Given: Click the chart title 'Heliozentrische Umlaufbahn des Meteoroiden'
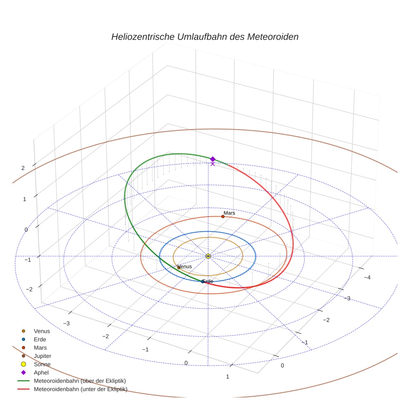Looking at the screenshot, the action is click(205, 37).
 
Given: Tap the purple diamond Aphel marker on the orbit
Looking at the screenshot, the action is click(212, 159).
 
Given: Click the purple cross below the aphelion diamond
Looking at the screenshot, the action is click(212, 164).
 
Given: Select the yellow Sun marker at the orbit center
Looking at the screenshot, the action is click(208, 256).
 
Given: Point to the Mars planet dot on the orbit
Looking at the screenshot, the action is click(223, 217).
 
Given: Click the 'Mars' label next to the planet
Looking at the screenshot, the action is click(229, 213).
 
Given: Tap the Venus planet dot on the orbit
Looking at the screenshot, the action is click(179, 268).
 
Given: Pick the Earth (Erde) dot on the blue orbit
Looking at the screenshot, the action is click(202, 282).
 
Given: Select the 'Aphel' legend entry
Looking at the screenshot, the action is click(35, 372).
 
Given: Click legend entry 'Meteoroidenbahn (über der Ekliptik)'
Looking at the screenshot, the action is click(72, 381).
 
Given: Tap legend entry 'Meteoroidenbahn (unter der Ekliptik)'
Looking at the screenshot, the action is click(72, 389).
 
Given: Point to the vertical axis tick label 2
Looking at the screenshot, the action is click(23, 168).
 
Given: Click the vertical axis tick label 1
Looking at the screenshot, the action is click(25, 199).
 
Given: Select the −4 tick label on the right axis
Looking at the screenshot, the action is click(367, 277).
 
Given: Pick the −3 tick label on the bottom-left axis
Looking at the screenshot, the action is click(66, 323).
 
